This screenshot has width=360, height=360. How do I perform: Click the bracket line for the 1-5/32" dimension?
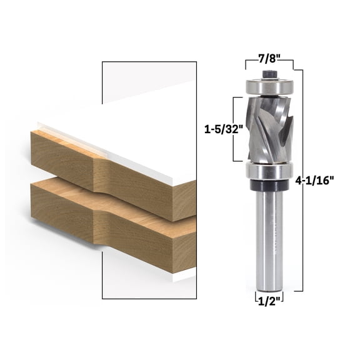[234, 129]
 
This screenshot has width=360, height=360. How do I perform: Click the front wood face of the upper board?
[62, 156]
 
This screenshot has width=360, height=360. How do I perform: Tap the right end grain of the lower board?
[184, 253]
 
